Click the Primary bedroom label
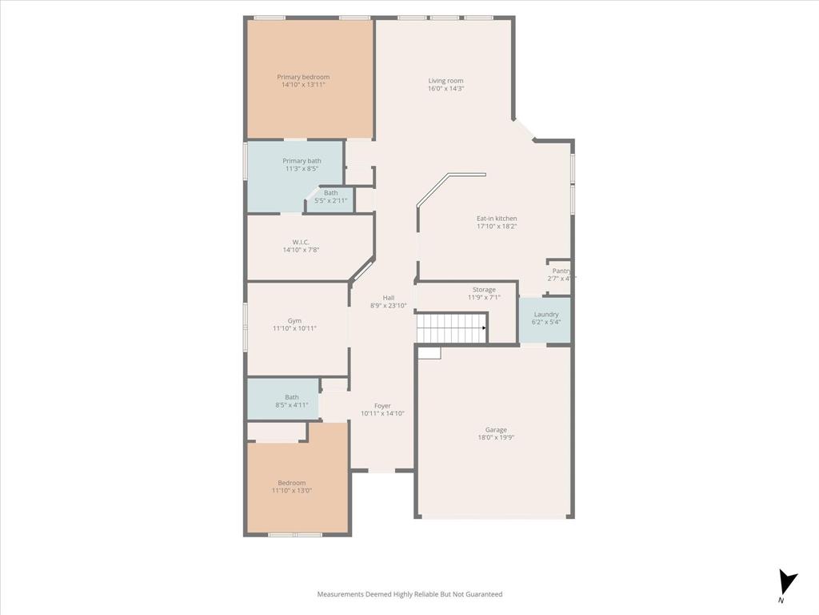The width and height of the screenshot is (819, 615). pyautogui.click(x=303, y=77)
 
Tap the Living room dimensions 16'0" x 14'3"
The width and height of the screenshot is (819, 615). pyautogui.click(x=445, y=89)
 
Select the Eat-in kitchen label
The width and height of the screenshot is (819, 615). pyautogui.click(x=497, y=219)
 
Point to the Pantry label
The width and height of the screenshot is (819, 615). pyautogui.click(x=561, y=271)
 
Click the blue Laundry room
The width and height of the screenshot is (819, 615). pyautogui.click(x=545, y=319)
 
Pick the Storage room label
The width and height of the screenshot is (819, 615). pyautogui.click(x=484, y=290)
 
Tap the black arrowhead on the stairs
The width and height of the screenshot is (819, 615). pyautogui.click(x=484, y=328)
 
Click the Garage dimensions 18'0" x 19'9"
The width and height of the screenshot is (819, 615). pyautogui.click(x=496, y=438)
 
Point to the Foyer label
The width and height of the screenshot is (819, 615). pyautogui.click(x=382, y=406)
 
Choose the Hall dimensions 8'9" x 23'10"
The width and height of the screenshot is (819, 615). pyautogui.click(x=388, y=306)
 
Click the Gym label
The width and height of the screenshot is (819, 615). pyautogui.click(x=294, y=321)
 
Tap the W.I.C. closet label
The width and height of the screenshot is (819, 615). pyautogui.click(x=301, y=242)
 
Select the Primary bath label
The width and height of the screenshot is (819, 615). pyautogui.click(x=302, y=161)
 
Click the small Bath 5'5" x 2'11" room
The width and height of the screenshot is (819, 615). pyautogui.click(x=330, y=197)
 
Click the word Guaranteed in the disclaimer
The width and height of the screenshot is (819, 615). pyautogui.click(x=482, y=594)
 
